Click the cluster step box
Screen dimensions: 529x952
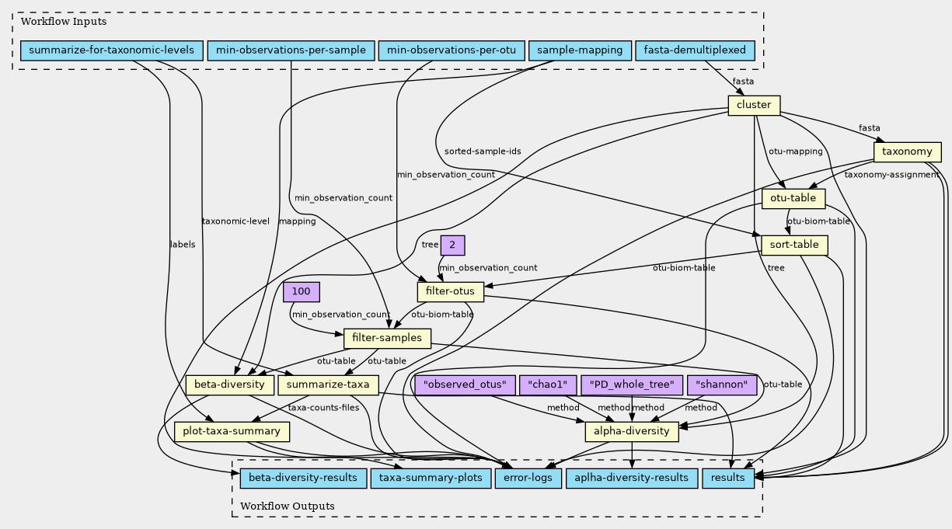(753, 106)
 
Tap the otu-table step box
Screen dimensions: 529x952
(793, 198)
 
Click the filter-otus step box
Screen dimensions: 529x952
(451, 291)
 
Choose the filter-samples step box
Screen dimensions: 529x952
(387, 338)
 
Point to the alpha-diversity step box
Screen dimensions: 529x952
(631, 431)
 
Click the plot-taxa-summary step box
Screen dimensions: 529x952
(232, 431)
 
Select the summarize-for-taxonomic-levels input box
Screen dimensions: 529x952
(111, 51)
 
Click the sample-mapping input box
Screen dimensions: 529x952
(579, 51)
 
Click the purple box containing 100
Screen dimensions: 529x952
(302, 292)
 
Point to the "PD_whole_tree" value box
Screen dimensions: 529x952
(632, 385)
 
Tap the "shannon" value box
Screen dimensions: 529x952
(722, 385)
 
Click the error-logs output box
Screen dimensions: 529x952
(527, 477)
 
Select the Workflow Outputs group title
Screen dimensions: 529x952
(288, 506)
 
